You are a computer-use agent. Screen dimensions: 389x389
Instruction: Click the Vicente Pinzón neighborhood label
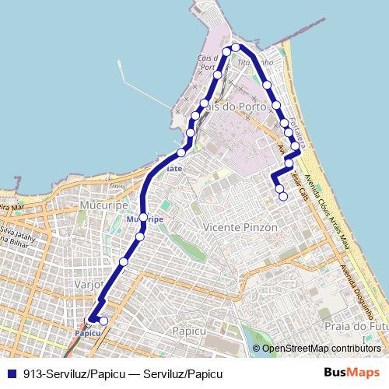click(x=239, y=227)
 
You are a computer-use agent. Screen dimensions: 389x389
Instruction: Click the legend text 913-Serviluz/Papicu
click(x=73, y=373)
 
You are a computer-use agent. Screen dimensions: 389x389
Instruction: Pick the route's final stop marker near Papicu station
click(x=103, y=321)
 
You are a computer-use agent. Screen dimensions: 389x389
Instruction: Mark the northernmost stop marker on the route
click(x=235, y=47)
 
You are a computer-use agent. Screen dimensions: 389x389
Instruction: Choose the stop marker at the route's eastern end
click(x=283, y=197)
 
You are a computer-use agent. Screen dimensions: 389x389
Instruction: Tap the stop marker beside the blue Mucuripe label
click(x=142, y=216)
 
